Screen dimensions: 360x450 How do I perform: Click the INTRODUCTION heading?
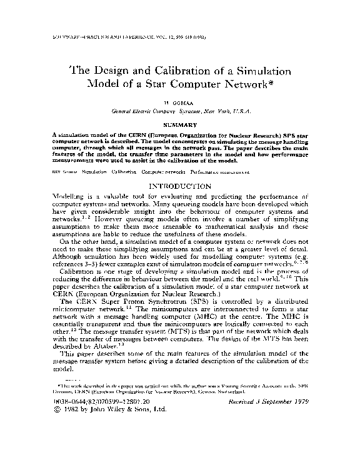(180, 186)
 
